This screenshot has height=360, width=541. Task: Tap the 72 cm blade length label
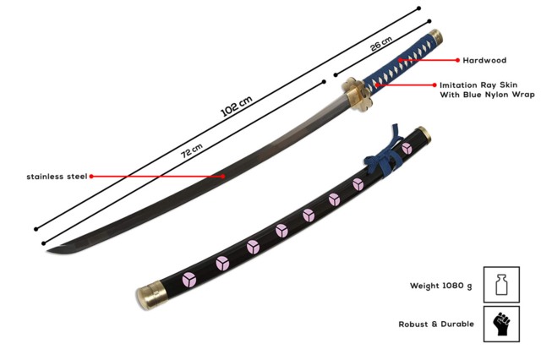[192, 150]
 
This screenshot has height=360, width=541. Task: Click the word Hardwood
[484, 61]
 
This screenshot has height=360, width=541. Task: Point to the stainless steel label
[55, 177]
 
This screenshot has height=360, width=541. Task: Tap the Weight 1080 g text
[434, 286]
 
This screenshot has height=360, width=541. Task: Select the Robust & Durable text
[436, 324]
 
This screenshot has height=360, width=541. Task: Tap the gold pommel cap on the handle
[436, 38]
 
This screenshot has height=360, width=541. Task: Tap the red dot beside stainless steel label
[91, 177]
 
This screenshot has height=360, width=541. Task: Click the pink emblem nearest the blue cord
[407, 150]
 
